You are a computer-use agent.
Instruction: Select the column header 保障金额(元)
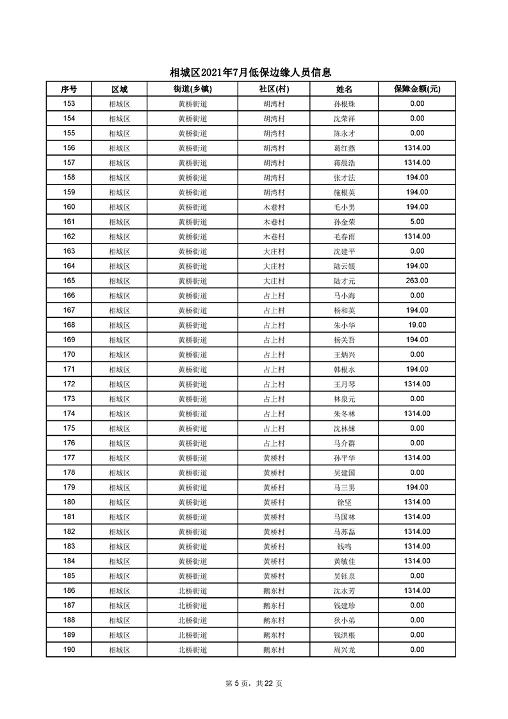[416, 89]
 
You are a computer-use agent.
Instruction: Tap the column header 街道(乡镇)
[192, 89]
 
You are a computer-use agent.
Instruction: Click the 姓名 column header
[344, 89]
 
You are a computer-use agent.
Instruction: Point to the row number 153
[69, 104]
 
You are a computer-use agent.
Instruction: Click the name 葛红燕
[344, 148]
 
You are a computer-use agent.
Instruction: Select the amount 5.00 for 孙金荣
[416, 222]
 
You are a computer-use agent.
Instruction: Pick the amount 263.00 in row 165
[416, 281]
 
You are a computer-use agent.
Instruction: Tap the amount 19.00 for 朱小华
[416, 325]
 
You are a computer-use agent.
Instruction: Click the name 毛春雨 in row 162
[344, 236]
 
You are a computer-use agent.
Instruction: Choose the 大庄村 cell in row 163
[274, 251]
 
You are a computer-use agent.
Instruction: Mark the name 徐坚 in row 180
[344, 502]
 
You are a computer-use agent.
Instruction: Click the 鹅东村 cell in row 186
[274, 591]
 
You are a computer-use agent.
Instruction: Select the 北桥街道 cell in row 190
[192, 650]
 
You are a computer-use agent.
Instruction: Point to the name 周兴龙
[344, 650]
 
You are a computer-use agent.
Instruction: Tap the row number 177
[69, 458]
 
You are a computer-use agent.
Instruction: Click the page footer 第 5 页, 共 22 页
[254, 683]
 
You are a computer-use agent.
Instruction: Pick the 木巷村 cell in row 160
[274, 207]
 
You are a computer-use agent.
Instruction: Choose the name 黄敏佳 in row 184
[344, 561]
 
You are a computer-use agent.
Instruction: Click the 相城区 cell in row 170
[119, 354]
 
